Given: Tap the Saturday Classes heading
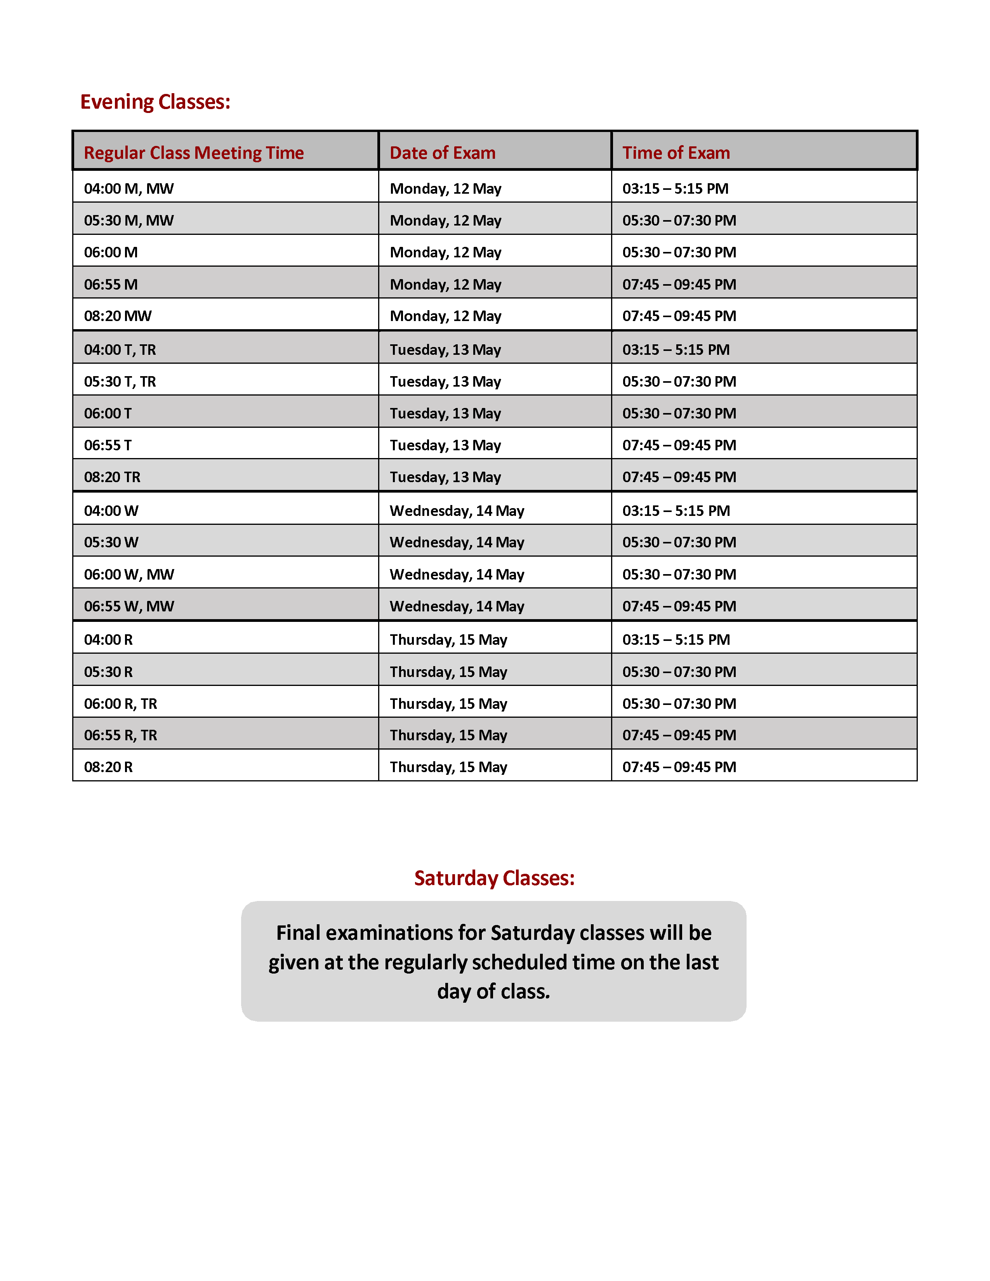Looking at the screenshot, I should tap(494, 878).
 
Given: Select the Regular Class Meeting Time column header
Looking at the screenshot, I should tap(194, 153).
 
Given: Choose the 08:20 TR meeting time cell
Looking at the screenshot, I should tap(112, 477).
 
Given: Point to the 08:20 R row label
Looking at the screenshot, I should tap(108, 767).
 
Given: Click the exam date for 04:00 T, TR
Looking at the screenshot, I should tap(445, 350).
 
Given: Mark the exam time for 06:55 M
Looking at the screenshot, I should tap(679, 285).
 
